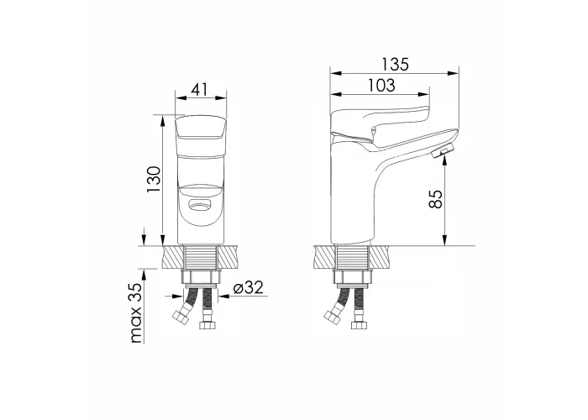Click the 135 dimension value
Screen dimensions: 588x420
(395, 64)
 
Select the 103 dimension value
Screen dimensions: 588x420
(381, 86)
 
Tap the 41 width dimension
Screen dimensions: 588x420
(199, 89)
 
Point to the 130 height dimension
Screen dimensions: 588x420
(154, 179)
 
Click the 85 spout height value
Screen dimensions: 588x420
(435, 199)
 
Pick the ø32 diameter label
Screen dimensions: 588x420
(249, 288)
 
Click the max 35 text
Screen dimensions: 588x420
(136, 313)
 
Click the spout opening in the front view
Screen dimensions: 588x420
(199, 205)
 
